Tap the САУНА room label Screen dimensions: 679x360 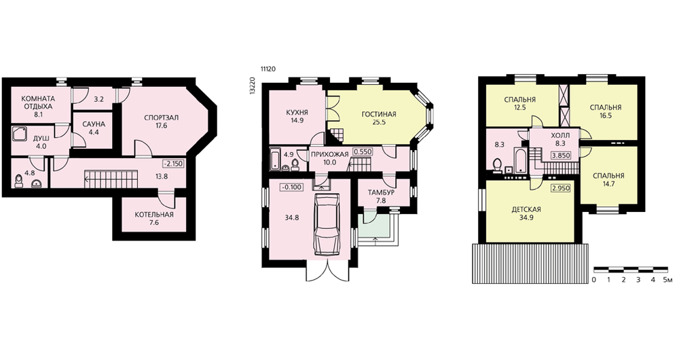94,124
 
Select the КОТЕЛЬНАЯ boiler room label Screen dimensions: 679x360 153,215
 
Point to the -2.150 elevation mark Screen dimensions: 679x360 172,164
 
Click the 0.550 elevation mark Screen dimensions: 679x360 362,152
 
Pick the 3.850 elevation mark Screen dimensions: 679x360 560,155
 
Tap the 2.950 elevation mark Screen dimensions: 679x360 560,188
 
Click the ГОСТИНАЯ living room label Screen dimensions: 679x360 379,114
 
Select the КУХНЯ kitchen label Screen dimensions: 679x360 297,113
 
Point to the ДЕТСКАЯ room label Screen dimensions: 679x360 526,210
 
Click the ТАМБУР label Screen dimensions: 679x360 381,192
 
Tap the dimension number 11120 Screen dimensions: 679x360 268,69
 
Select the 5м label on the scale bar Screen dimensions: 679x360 667,280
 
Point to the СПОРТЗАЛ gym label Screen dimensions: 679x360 162,118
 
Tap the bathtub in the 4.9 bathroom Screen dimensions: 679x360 276,159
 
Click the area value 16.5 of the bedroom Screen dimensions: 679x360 606,116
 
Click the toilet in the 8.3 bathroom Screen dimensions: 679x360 497,165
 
